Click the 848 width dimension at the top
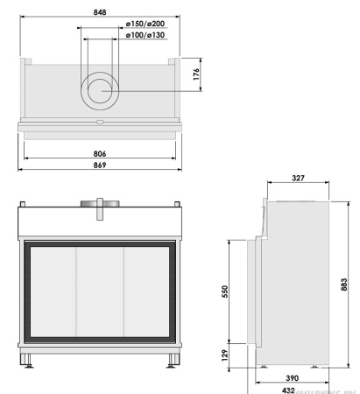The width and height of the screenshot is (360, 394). click(102, 12)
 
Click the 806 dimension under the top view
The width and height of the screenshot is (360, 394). click(102, 153)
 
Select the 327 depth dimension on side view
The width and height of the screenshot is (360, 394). click(297, 179)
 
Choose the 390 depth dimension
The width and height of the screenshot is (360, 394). click(293, 377)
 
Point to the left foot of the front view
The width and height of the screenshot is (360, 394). click(32, 359)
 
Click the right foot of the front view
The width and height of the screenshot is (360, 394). click(171, 359)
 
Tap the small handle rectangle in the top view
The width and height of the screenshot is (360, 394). click(102, 122)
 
